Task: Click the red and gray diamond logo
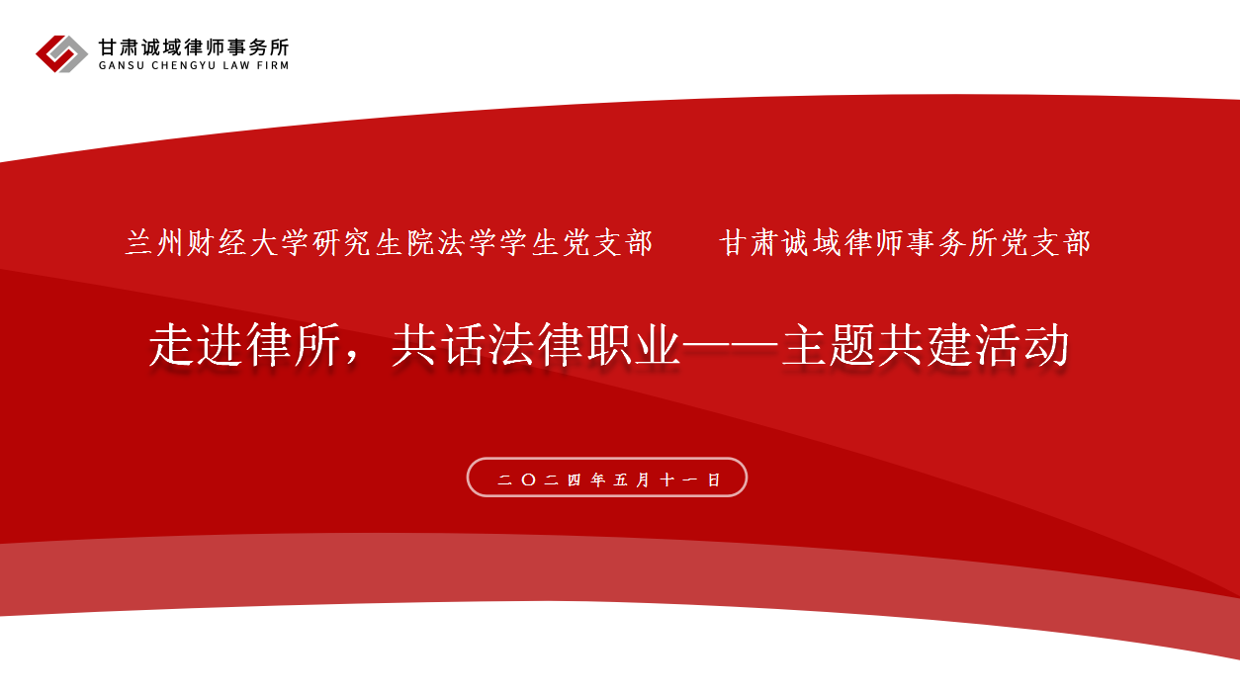click(x=61, y=53)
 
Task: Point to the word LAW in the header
click(x=240, y=65)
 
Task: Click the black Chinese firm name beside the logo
click(x=194, y=47)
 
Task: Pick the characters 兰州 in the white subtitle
click(x=154, y=243)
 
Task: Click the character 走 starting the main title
click(x=172, y=345)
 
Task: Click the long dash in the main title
click(x=731, y=346)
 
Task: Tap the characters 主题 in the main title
click(x=829, y=345)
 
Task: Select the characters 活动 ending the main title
click(x=1021, y=345)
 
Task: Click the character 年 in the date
click(x=598, y=479)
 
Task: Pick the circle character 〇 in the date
click(x=528, y=479)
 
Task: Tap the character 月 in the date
click(x=644, y=479)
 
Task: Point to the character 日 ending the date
click(x=714, y=479)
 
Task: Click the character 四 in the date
click(x=575, y=479)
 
